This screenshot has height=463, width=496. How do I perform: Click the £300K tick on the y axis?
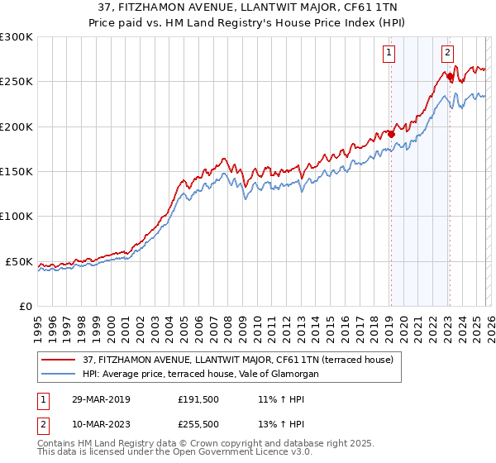tap(17, 37)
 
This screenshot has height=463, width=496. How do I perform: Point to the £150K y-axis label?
tap(17, 172)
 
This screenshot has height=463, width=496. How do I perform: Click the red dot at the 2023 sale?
tap(450, 77)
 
